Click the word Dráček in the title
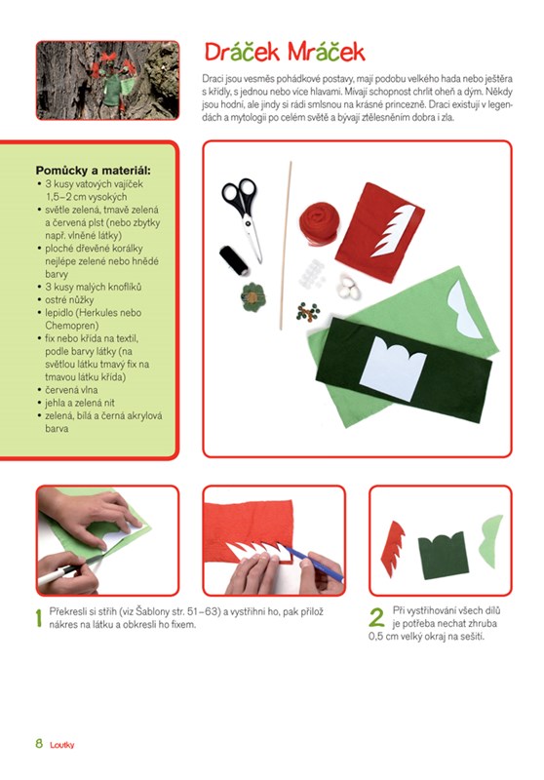click(x=242, y=52)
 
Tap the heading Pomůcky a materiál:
click(x=93, y=171)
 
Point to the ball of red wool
click(x=319, y=224)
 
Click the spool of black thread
click(x=234, y=260)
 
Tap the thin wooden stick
click(x=286, y=246)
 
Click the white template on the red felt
click(x=394, y=230)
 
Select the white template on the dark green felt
click(x=392, y=368)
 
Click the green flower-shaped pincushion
click(x=253, y=297)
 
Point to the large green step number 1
click(x=39, y=618)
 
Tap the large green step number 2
click(x=376, y=617)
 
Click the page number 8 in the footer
click(x=39, y=744)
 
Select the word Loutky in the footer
click(x=62, y=745)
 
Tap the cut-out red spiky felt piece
click(x=392, y=549)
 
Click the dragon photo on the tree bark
click(x=107, y=81)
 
